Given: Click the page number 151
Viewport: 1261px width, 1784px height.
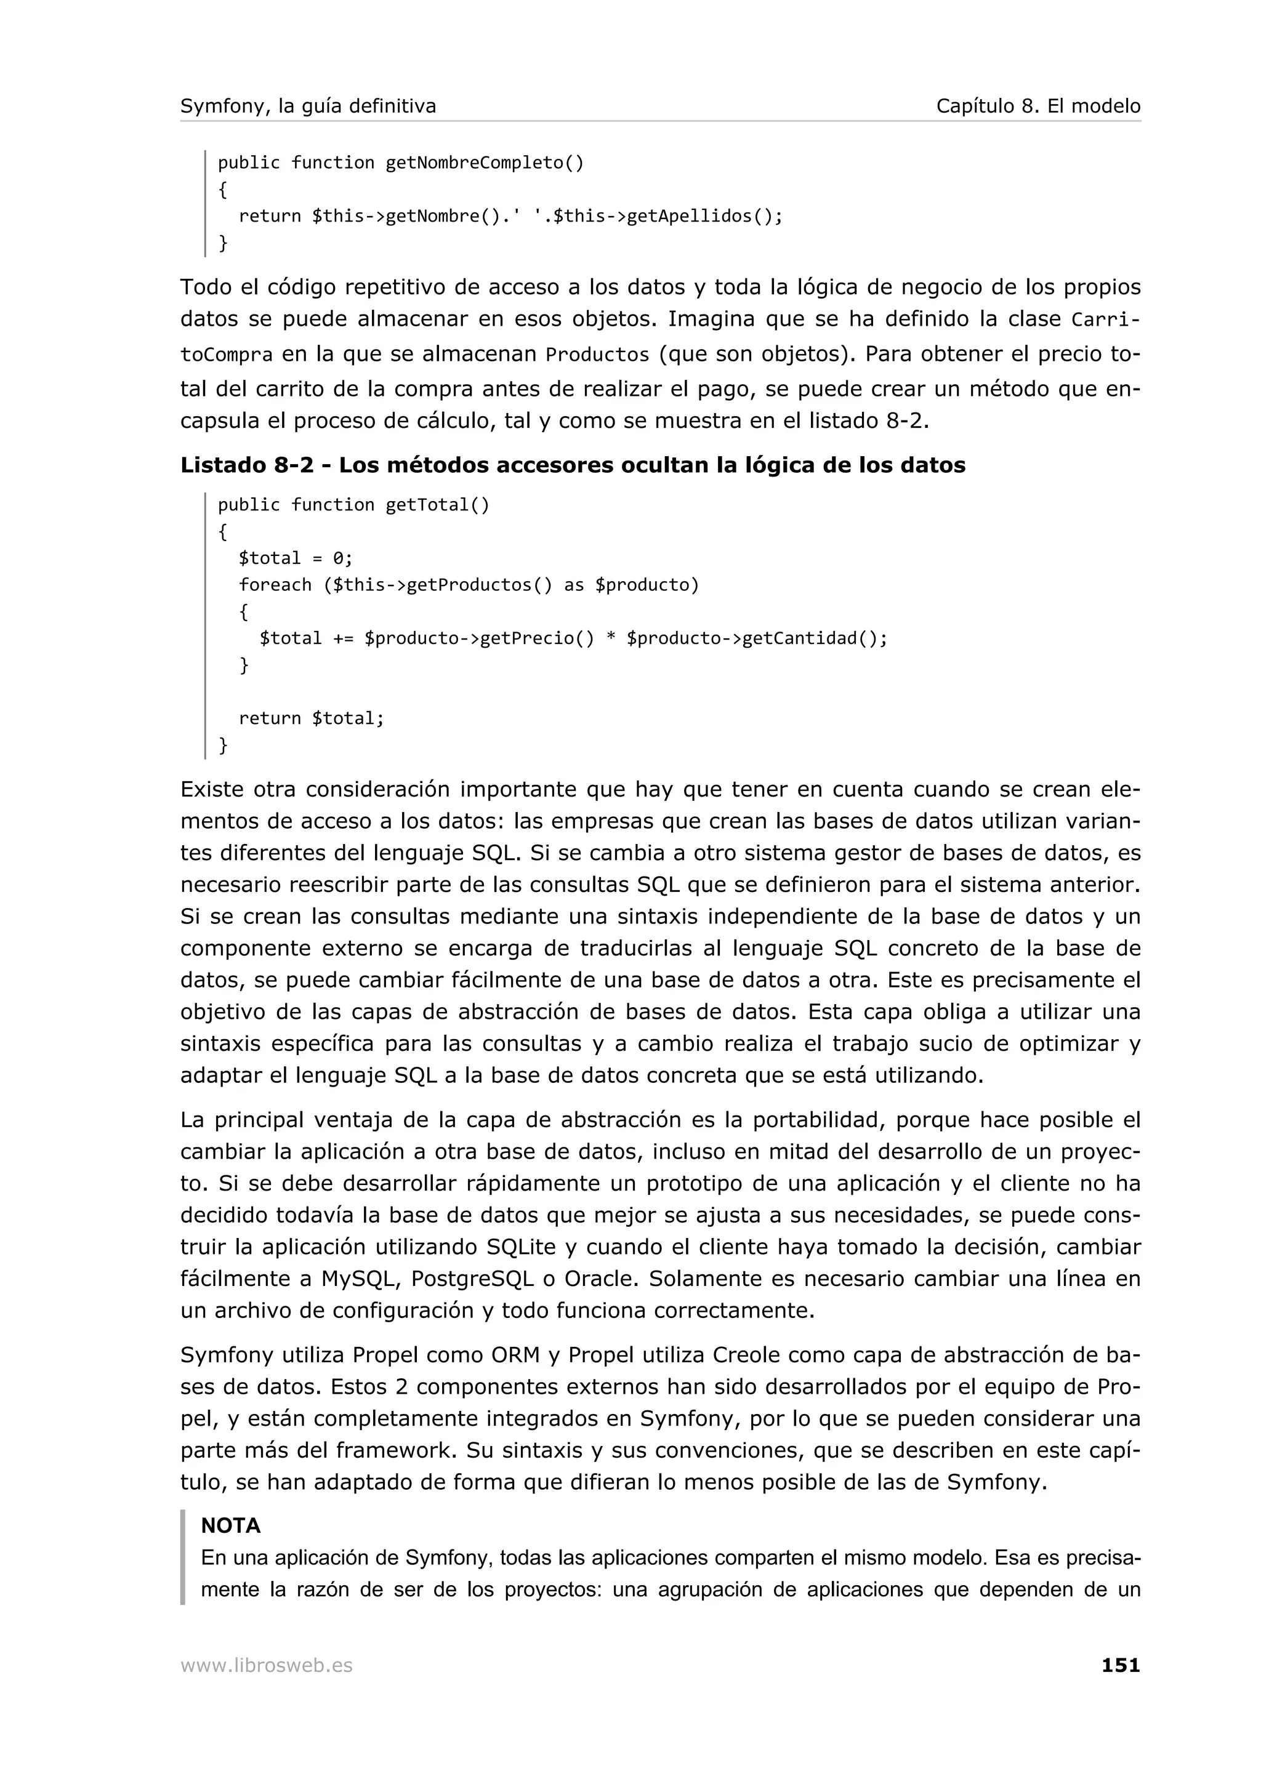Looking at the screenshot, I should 1121,1665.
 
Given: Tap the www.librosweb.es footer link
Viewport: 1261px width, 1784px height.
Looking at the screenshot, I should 267,1665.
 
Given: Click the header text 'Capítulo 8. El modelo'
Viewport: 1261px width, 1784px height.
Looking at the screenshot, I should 1038,106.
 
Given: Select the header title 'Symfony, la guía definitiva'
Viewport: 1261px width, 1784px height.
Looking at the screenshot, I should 308,106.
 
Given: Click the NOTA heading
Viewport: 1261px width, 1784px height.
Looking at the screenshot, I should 231,1525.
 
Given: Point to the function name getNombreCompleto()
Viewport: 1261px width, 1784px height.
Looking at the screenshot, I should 484,163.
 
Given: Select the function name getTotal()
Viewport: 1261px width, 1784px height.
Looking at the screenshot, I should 437,505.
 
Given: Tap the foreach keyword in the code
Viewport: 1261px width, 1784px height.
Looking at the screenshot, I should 275,584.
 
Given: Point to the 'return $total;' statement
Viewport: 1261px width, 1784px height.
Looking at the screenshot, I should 311,718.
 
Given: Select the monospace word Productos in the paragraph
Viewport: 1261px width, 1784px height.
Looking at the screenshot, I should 597,355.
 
